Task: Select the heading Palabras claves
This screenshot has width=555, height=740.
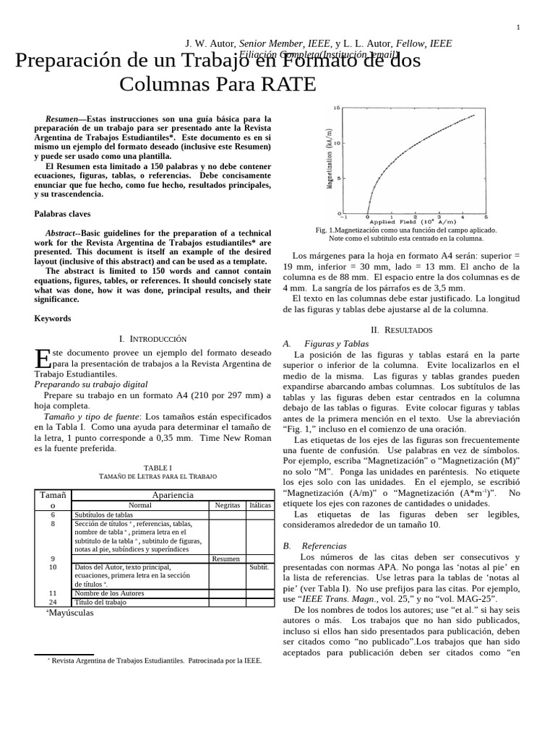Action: click(62, 214)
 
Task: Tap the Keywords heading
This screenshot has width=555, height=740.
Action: click(53, 318)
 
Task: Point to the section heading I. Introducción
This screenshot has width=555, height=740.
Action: click(152, 338)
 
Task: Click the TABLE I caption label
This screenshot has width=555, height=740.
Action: click(157, 468)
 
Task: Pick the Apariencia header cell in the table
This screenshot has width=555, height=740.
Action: click(173, 494)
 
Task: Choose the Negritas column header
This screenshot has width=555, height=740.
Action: click(227, 505)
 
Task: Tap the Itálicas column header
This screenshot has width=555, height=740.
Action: click(259, 505)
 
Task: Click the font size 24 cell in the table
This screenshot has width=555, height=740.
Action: click(52, 602)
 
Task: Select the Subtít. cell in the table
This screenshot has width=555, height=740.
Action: click(259, 567)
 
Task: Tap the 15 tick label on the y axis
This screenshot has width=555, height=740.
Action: click(336, 108)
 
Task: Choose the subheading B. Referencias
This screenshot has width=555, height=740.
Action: click(315, 546)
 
